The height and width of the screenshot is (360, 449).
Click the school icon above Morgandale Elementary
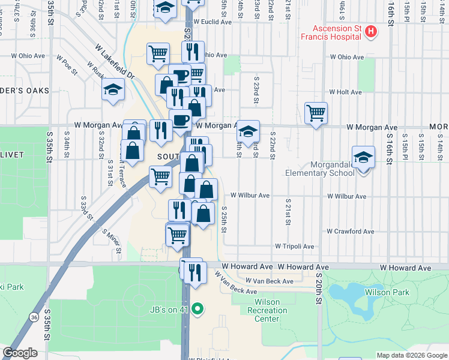pyautogui.click(x=363, y=157)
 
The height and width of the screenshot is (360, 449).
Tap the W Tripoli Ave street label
pyautogui.click(x=294, y=246)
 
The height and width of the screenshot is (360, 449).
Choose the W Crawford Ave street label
pyautogui.click(x=351, y=231)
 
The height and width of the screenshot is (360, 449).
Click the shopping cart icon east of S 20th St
pyautogui.click(x=316, y=112)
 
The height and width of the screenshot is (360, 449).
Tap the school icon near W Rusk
pyautogui.click(x=113, y=90)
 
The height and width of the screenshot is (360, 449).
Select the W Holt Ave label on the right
pyautogui.click(x=345, y=92)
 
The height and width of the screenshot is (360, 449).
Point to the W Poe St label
pyautogui.click(x=67, y=65)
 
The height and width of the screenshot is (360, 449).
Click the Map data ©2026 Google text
pyautogui.click(x=411, y=355)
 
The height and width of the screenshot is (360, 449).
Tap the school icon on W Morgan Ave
pyautogui.click(x=248, y=130)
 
